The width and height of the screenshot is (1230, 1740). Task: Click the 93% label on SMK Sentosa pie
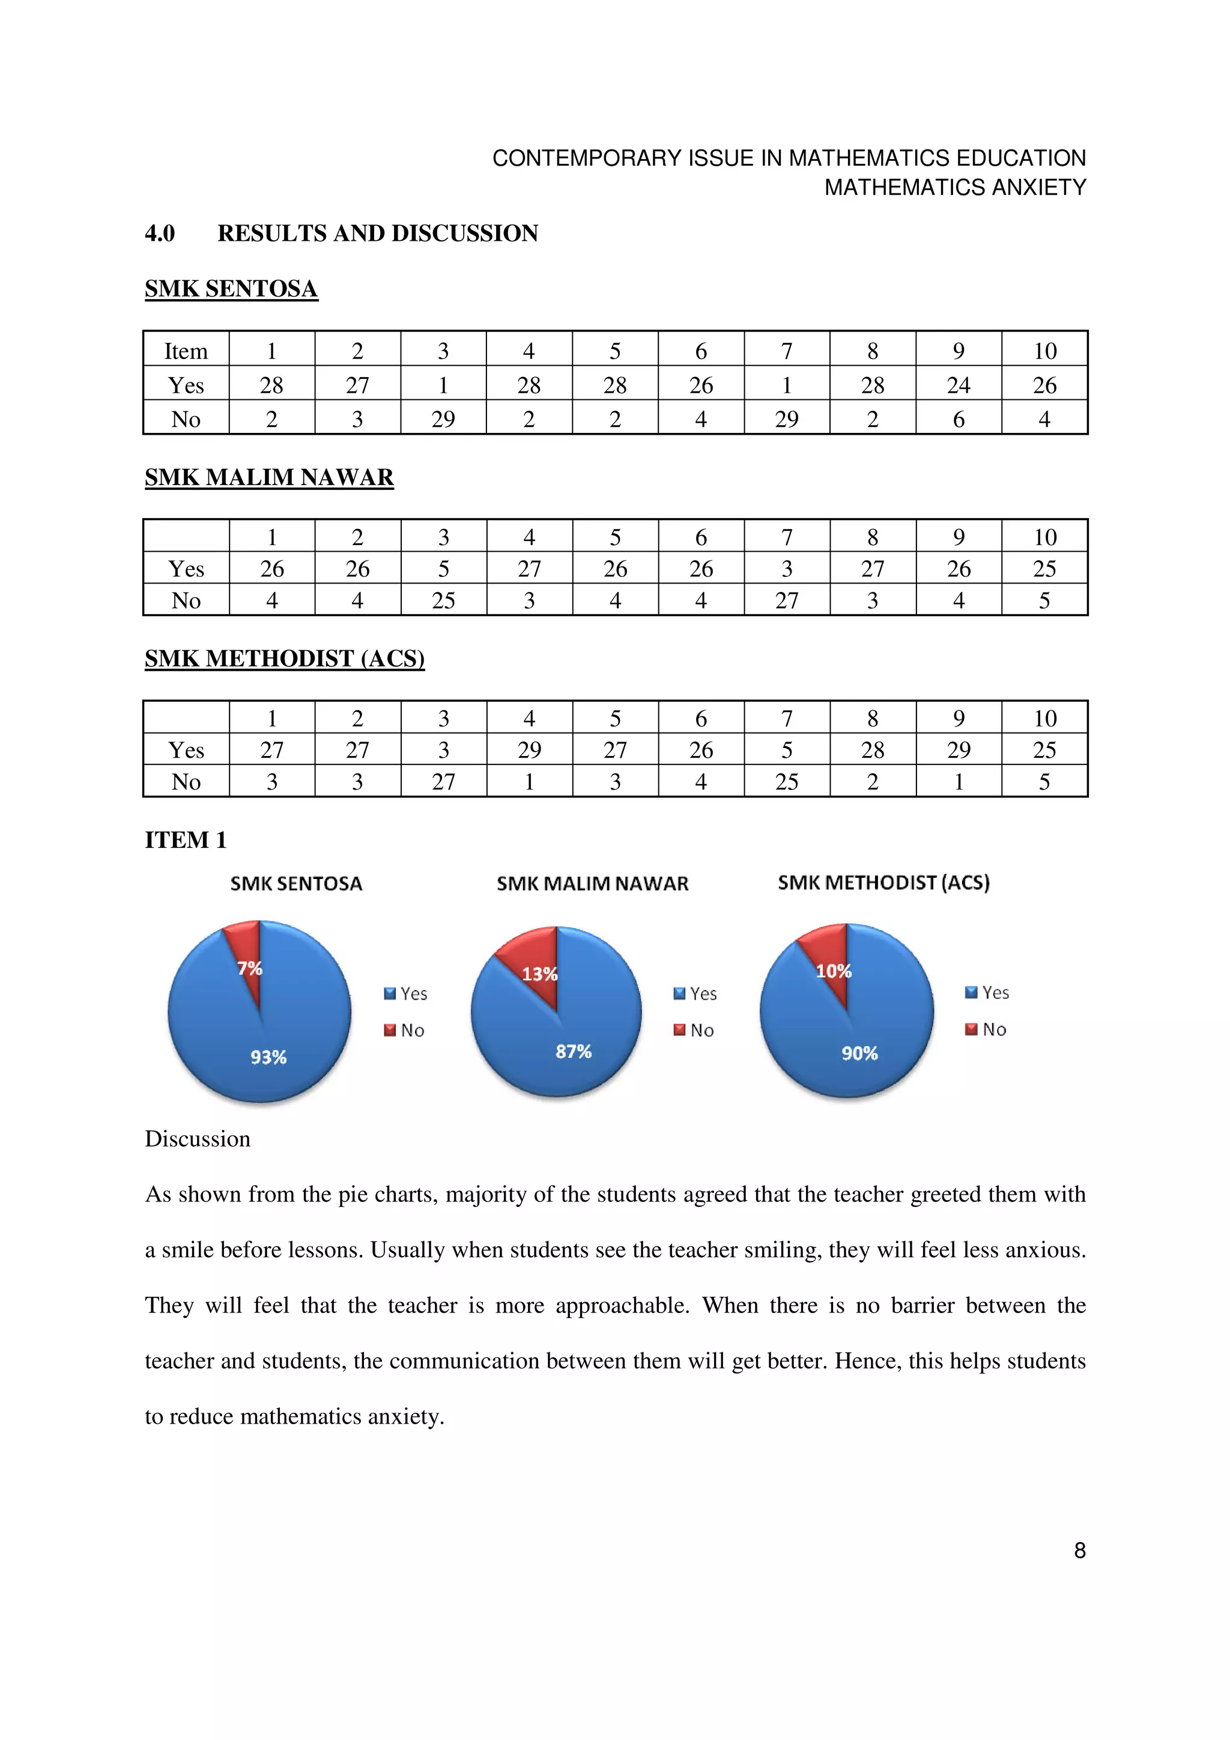coord(268,1057)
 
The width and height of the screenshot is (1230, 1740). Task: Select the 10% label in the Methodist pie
coord(833,971)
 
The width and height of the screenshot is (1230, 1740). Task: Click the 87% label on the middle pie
coord(573,1051)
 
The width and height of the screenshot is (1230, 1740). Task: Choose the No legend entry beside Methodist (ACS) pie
coord(986,1029)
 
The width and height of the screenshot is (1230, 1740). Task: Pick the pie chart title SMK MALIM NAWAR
coord(592,884)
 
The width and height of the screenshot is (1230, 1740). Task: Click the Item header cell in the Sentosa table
coord(186,351)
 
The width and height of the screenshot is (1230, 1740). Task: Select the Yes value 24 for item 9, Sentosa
coord(958,385)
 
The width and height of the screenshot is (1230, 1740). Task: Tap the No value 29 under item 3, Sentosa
coord(443,419)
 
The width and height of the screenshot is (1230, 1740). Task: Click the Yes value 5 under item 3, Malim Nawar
coord(443,569)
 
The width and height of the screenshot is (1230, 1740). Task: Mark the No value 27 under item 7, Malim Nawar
coord(786,600)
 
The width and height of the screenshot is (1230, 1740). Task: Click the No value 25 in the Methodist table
coord(786,781)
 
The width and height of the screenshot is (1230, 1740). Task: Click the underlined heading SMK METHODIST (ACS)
coord(284,658)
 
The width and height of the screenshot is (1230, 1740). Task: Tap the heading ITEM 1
coord(186,840)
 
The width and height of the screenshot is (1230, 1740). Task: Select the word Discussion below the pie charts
coord(197,1139)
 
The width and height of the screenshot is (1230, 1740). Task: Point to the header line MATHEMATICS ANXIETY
coord(955,187)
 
